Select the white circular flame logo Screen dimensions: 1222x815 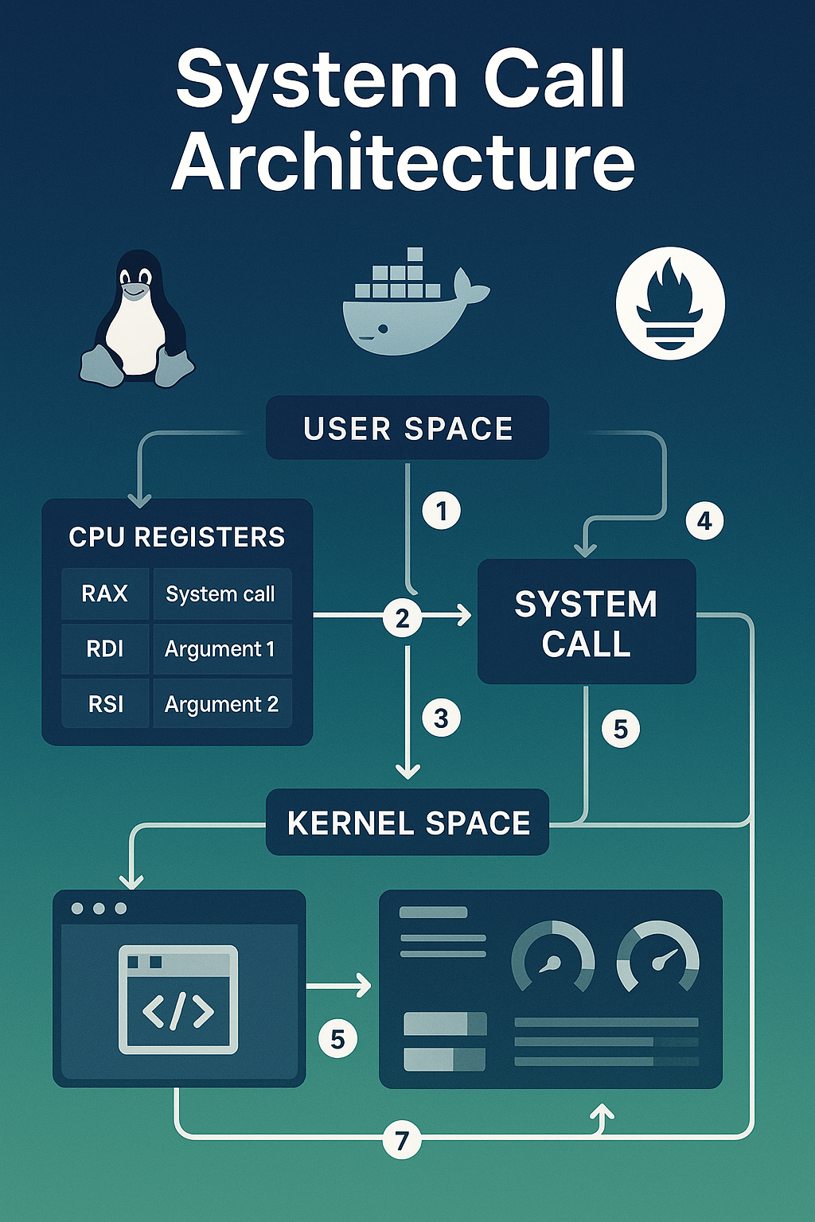point(670,303)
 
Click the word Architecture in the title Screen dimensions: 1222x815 point(404,162)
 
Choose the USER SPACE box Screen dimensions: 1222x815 point(407,429)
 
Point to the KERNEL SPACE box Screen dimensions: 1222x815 point(407,823)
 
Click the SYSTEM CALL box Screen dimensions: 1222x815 point(587,622)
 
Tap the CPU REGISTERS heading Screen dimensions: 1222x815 point(177,537)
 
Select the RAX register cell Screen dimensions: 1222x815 point(105,593)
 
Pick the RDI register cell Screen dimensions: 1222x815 point(105,649)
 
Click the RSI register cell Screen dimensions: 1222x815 point(105,704)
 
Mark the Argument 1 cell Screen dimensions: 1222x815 point(220,649)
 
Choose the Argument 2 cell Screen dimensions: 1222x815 point(221,704)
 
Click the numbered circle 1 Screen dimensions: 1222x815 point(442,510)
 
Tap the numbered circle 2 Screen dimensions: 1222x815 point(403,617)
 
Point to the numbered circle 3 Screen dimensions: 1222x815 point(442,718)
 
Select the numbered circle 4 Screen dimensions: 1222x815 point(704,521)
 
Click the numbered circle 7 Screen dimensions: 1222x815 point(402,1141)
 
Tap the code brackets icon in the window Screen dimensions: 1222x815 point(178,1010)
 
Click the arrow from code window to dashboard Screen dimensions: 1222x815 point(340,986)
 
